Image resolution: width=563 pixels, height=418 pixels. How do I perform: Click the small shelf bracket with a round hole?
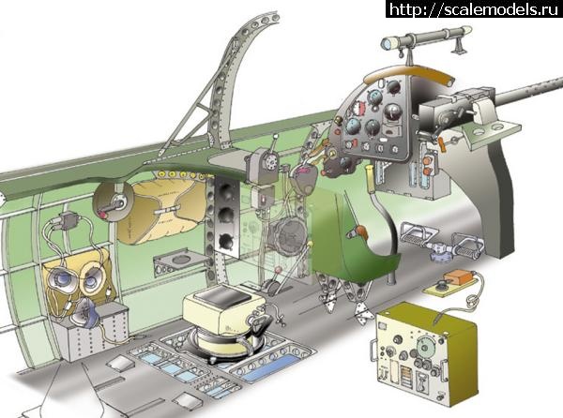pyautogui.click(x=177, y=255)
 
